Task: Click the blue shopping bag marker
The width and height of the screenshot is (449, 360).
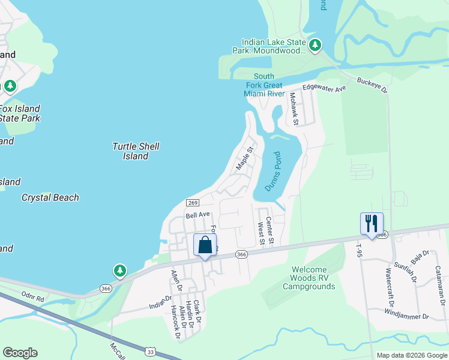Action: coord(205,245)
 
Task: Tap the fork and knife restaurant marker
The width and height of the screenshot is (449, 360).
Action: coord(372,224)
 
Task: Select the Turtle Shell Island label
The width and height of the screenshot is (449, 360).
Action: coord(136,151)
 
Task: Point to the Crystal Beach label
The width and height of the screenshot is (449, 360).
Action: coord(50,197)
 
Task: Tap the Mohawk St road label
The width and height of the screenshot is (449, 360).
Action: coord(294,109)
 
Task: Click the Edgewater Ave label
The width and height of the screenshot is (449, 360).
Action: coord(325,88)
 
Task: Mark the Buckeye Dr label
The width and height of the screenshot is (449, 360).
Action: coord(372,85)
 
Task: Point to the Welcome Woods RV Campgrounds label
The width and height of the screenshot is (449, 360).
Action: coord(313,278)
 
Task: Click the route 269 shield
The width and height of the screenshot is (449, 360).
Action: coord(193,203)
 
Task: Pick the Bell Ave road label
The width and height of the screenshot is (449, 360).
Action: coord(197,215)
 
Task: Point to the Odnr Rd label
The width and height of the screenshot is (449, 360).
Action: coord(32,298)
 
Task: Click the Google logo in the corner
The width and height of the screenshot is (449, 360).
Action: coord(20,353)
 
